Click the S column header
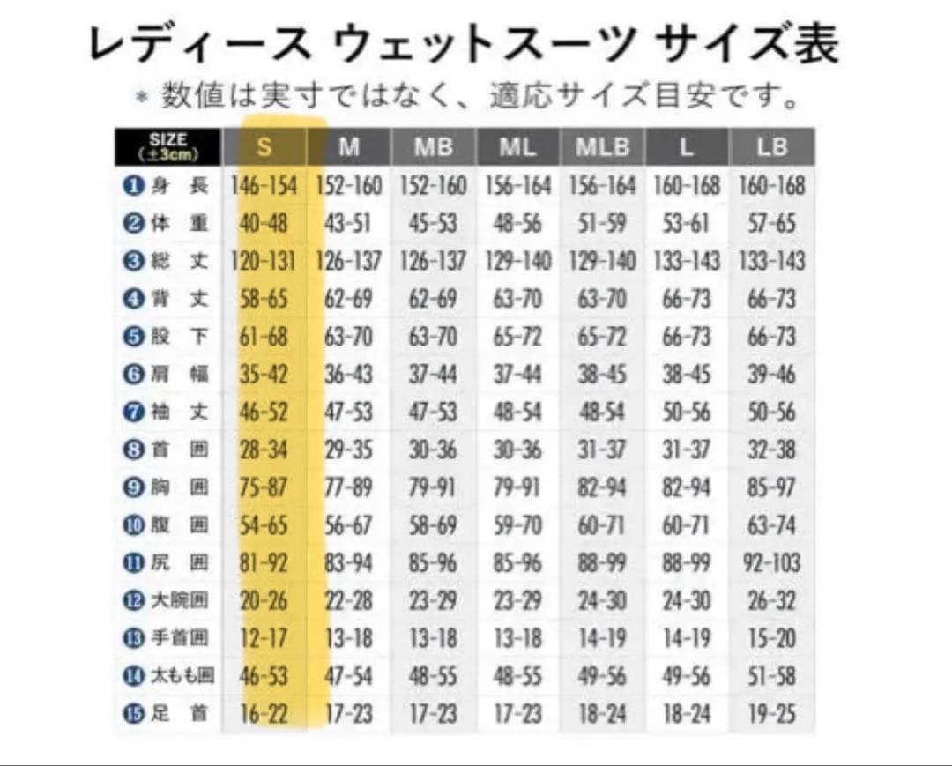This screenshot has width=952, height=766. (x=264, y=146)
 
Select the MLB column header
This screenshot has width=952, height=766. (x=603, y=146)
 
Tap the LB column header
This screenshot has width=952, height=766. (x=771, y=146)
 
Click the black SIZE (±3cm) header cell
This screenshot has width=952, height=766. (x=167, y=146)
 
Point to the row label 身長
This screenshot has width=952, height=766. (x=175, y=186)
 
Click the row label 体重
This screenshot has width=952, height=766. (x=175, y=224)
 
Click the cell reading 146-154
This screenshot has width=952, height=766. (x=264, y=186)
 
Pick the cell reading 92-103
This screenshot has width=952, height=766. (x=771, y=563)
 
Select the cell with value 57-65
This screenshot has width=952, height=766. (x=771, y=224)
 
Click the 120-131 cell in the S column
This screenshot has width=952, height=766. (x=264, y=262)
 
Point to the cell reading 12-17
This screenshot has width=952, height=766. (x=264, y=638)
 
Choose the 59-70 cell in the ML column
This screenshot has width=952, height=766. (x=517, y=525)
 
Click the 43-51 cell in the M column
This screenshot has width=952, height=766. (x=348, y=224)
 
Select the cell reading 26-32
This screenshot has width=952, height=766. (x=771, y=601)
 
